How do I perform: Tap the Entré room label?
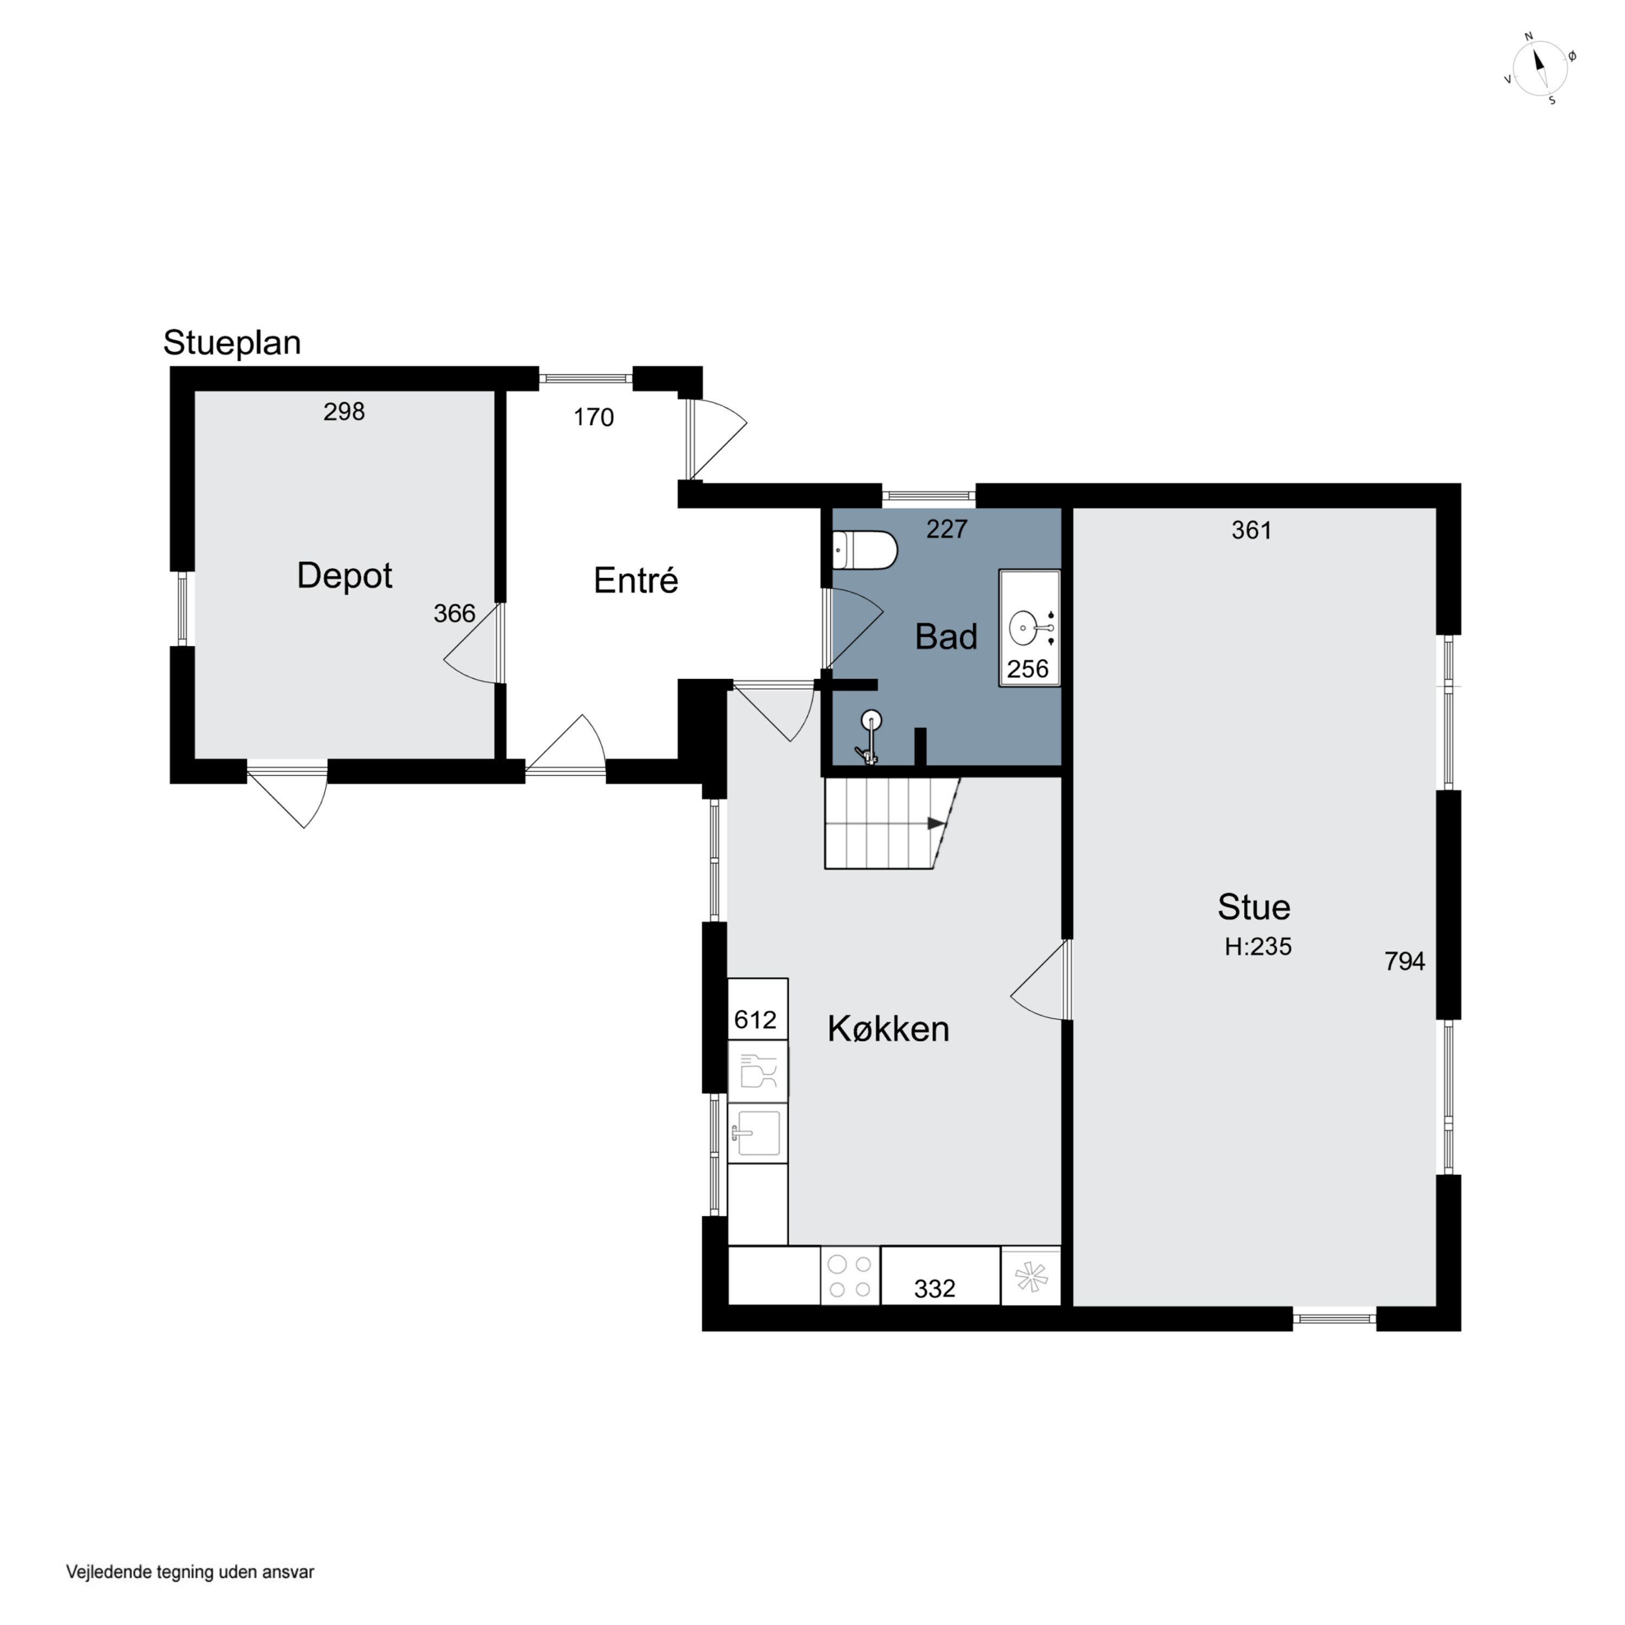pyautogui.click(x=636, y=580)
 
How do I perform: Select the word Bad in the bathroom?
pyautogui.click(x=946, y=636)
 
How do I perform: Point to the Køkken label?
pyautogui.click(x=888, y=1029)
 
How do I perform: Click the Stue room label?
pyautogui.click(x=1253, y=907)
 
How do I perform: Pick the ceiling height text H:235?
pyautogui.click(x=1257, y=946)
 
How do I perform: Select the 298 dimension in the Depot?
pyautogui.click(x=344, y=411)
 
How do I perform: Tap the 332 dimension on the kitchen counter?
pyautogui.click(x=934, y=1289)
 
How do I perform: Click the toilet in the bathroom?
pyautogui.click(x=864, y=551)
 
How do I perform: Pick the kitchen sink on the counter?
pyautogui.click(x=757, y=1133)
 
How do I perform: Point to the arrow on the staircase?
pyautogui.click(x=936, y=823)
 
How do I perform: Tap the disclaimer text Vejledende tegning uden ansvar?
pyautogui.click(x=190, y=1571)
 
